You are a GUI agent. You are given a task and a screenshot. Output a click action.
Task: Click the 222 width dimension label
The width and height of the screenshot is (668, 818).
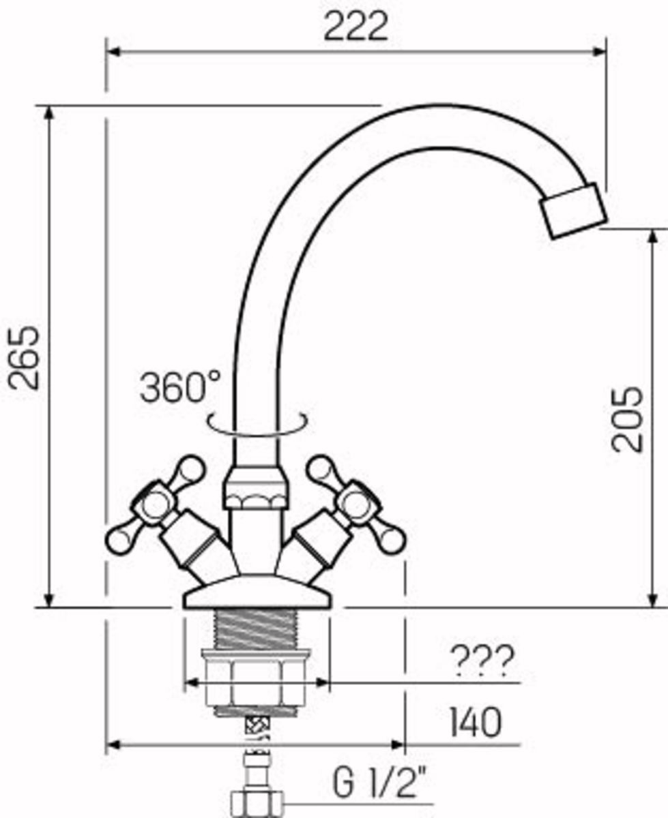(355, 27)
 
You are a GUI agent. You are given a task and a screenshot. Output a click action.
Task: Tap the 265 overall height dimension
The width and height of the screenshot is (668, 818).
(24, 357)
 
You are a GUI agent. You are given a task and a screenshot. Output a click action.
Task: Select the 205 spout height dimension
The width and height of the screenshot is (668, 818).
(627, 419)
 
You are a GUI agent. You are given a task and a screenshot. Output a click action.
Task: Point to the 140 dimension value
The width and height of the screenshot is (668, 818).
(475, 722)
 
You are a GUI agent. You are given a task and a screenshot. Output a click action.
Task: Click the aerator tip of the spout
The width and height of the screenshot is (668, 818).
(574, 211)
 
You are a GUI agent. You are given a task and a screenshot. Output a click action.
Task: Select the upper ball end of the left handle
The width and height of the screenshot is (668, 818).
(190, 469)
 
